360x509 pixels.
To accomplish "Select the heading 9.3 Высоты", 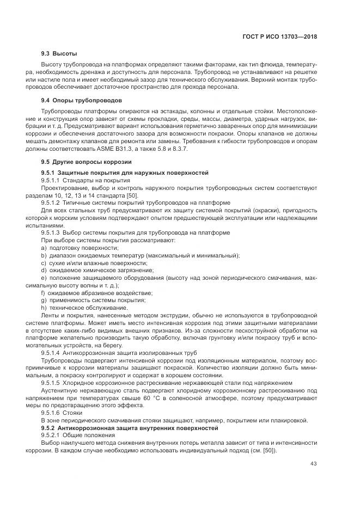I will point(59,54).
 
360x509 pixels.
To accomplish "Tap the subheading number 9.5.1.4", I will point(52,353).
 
